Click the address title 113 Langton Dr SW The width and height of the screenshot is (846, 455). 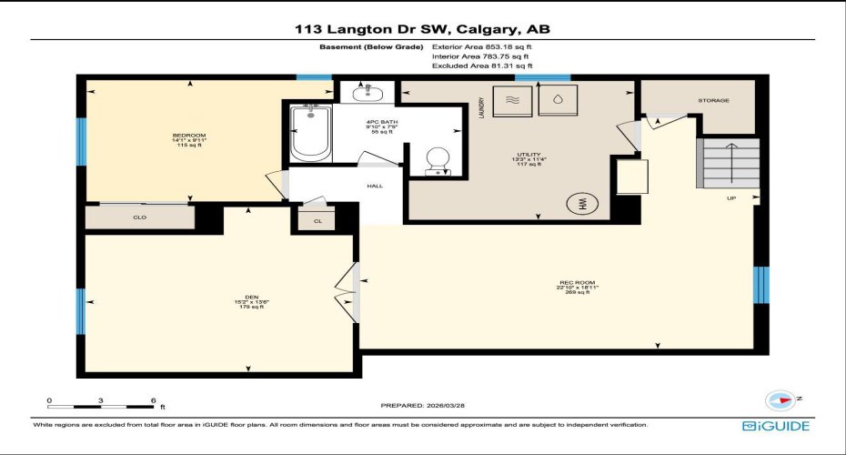[x=422, y=29]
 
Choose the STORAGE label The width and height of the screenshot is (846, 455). [x=713, y=100]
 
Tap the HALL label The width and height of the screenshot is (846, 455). [x=375, y=186]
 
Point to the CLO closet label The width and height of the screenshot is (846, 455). [x=139, y=217]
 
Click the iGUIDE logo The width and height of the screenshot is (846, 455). [x=776, y=425]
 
